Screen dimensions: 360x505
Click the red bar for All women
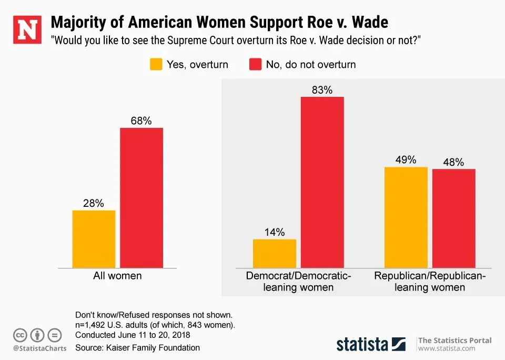(x=142, y=197)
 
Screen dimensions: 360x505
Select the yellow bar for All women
(x=94, y=239)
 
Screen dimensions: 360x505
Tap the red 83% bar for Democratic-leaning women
(x=322, y=182)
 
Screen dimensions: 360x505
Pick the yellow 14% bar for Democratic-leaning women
(x=274, y=253)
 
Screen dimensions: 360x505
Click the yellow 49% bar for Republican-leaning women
(x=406, y=217)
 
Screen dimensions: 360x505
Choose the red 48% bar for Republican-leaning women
(x=453, y=218)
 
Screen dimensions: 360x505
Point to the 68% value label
(x=141, y=121)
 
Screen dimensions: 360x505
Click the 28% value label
(x=93, y=203)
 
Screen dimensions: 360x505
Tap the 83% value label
(x=322, y=90)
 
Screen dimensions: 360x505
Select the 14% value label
(x=274, y=232)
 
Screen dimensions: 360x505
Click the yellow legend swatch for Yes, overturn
(x=156, y=65)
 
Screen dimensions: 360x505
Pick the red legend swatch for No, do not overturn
(x=255, y=65)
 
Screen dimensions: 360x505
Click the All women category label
(x=117, y=275)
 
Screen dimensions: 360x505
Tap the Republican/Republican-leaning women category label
(x=430, y=281)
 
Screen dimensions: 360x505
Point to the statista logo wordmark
(x=362, y=344)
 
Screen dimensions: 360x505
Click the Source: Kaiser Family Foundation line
(x=138, y=347)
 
